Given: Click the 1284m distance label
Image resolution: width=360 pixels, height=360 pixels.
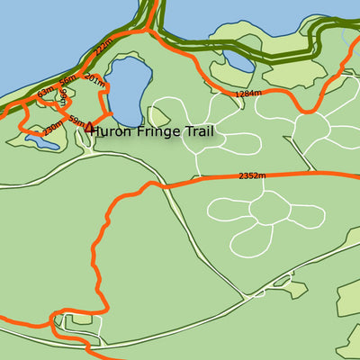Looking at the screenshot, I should point(246,93).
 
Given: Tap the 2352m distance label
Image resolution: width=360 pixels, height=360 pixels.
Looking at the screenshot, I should point(252,176).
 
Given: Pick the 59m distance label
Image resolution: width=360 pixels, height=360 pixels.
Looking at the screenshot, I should point(77,121).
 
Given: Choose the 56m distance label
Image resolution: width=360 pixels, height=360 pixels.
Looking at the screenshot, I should point(67,83).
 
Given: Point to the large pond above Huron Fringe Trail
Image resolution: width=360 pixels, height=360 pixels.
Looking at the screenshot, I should point(126,90).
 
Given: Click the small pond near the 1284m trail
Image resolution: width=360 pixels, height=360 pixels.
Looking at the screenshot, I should point(239,61).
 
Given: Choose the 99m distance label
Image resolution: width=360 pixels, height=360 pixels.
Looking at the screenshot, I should point(64,97).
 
